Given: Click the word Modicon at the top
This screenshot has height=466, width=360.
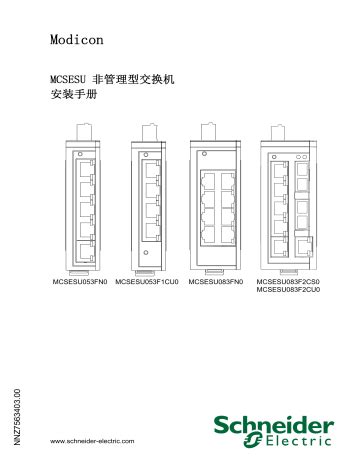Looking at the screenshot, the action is tap(76, 40).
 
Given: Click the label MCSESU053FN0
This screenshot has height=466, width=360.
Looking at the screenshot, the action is tap(79, 283).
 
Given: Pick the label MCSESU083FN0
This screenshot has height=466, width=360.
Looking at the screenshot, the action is tap(218, 283).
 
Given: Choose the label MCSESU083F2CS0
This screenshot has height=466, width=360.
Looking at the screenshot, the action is tap(289, 283).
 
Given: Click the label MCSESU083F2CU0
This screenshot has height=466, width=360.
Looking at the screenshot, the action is tap(289, 292).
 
